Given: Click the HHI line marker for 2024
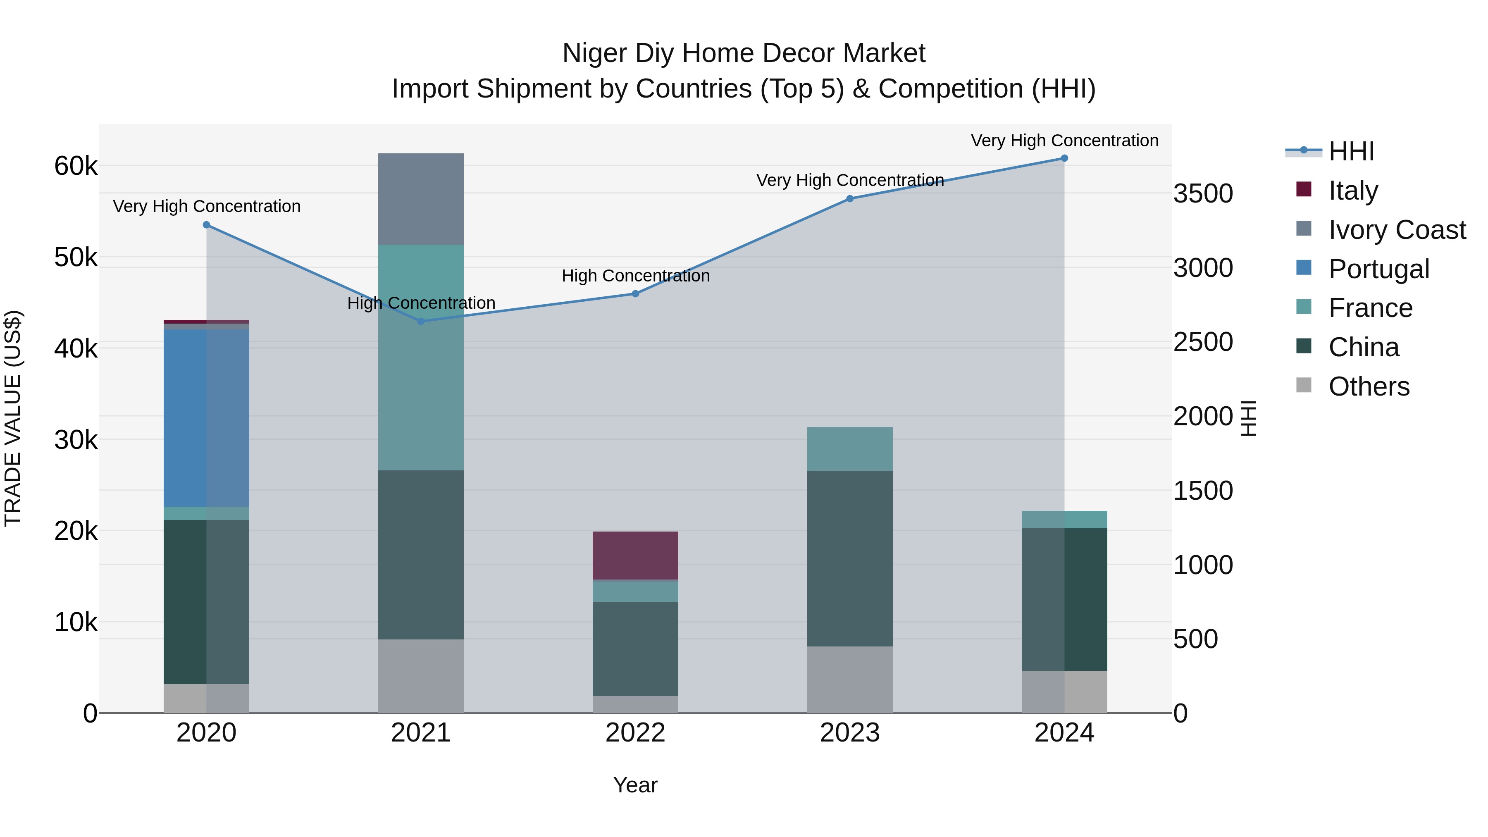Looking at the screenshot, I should pyautogui.click(x=1064, y=158).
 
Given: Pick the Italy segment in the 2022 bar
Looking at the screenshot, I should pyautogui.click(x=635, y=555).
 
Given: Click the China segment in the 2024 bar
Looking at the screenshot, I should pyautogui.click(x=1064, y=599).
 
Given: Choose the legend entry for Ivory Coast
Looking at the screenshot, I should pyautogui.click(x=1396, y=230).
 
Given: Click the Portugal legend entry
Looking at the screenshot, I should pyautogui.click(x=1378, y=269).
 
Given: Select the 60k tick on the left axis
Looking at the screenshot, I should pyautogui.click(x=76, y=166).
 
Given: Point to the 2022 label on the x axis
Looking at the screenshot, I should pyautogui.click(x=635, y=733).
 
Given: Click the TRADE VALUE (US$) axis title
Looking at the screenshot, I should pyautogui.click(x=13, y=418).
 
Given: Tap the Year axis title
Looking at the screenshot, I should pyautogui.click(x=635, y=785).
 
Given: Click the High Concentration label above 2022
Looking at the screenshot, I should pyautogui.click(x=635, y=276).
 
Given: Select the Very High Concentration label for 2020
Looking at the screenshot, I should pyautogui.click(x=207, y=206).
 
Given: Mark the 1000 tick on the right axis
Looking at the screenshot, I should pyautogui.click(x=1203, y=565).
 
